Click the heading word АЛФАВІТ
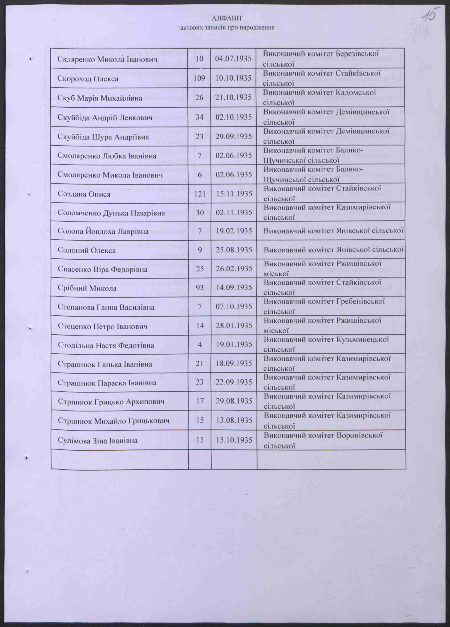click(227, 18)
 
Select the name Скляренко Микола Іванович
click(108, 59)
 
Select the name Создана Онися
click(84, 194)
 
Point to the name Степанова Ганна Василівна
click(106, 307)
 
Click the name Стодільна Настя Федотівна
click(106, 345)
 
